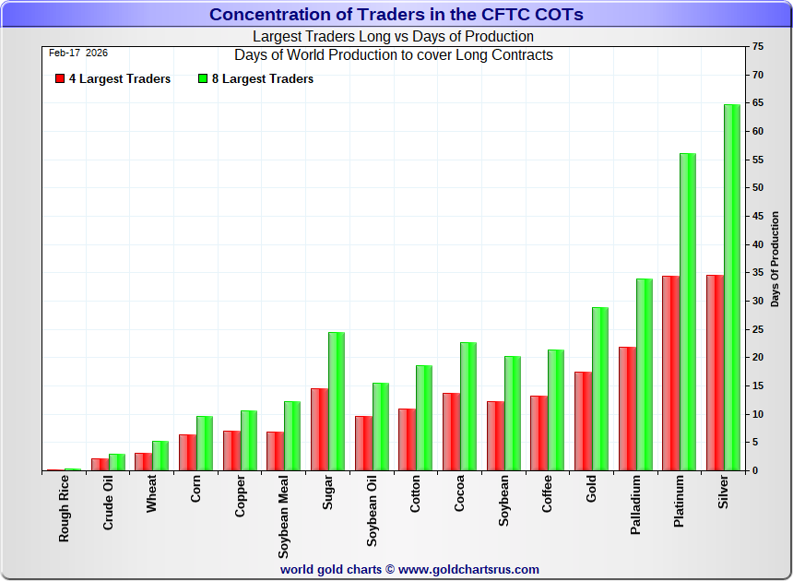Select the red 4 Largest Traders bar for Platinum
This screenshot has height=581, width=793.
tap(670, 373)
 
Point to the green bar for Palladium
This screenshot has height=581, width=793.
tap(644, 374)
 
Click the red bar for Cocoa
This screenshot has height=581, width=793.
tap(451, 432)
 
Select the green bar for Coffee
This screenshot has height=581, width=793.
tap(555, 410)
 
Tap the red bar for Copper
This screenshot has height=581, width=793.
tap(231, 451)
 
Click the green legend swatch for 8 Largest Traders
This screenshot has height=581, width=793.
tap(203, 79)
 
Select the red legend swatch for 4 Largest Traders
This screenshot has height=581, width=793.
tap(60, 79)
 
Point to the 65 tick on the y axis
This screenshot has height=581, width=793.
tap(757, 102)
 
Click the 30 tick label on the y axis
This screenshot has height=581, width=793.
tap(757, 301)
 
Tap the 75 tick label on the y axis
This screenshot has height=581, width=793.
tap(757, 46)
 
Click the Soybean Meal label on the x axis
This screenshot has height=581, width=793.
tap(284, 517)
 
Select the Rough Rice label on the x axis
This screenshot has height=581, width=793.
tap(64, 508)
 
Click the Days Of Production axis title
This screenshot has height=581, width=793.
tap(775, 259)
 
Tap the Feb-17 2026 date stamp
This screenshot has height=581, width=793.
tap(78, 53)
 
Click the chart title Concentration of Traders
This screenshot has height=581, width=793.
tap(396, 15)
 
